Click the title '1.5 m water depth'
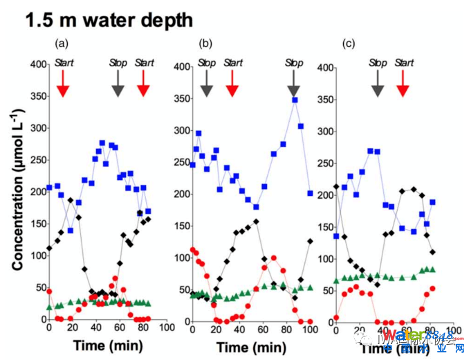109,20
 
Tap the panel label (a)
62,44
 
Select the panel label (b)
205,44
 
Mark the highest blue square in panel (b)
295,100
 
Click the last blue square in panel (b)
310,193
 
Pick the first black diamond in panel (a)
48,248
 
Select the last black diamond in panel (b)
310,241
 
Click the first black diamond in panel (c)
336,186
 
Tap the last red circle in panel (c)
433,289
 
